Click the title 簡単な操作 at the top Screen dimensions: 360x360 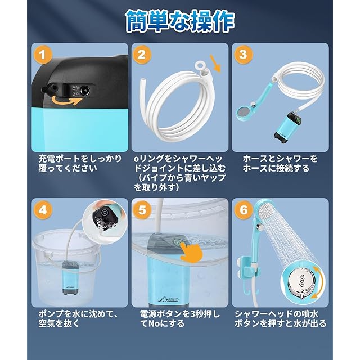pyautogui.click(x=180, y=21)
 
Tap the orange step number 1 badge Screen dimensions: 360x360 pyautogui.click(x=43, y=55)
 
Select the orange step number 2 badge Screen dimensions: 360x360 pyautogui.click(x=142, y=55)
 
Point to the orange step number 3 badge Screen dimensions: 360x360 pyautogui.click(x=243, y=55)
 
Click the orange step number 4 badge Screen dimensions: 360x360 pyautogui.click(x=43, y=210)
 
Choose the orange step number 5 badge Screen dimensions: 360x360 pyautogui.click(x=142, y=210)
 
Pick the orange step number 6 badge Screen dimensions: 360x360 pyautogui.click(x=244, y=210)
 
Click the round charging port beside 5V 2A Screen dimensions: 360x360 pyautogui.click(x=85, y=91)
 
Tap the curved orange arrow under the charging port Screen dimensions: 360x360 pyautogui.click(x=66, y=101)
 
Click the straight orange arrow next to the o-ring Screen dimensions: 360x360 pyautogui.click(x=216, y=64)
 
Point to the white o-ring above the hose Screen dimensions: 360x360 pyautogui.click(x=200, y=65)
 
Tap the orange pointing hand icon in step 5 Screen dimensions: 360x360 pyautogui.click(x=191, y=252)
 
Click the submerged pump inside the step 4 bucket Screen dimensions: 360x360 pyautogui.click(x=71, y=278)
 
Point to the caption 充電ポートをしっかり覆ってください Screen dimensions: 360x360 pyautogui.click(x=80, y=164)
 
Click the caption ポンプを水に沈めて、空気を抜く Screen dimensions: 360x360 pyautogui.click(x=78, y=318)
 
